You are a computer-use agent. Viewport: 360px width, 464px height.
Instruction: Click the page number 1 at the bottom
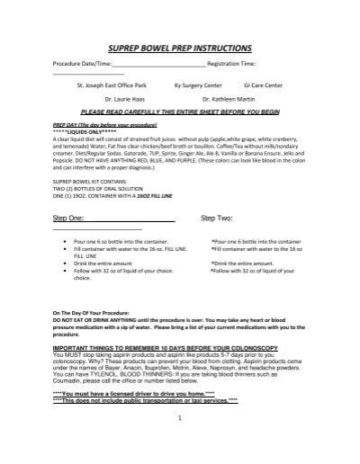180,442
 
